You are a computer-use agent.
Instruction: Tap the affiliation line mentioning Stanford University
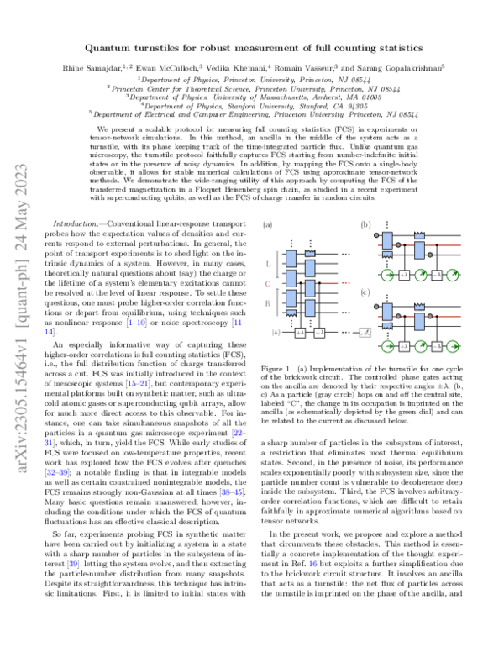click(251, 107)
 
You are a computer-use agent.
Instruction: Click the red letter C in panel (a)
click(267, 284)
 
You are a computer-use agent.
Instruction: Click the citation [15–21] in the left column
click(177, 392)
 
